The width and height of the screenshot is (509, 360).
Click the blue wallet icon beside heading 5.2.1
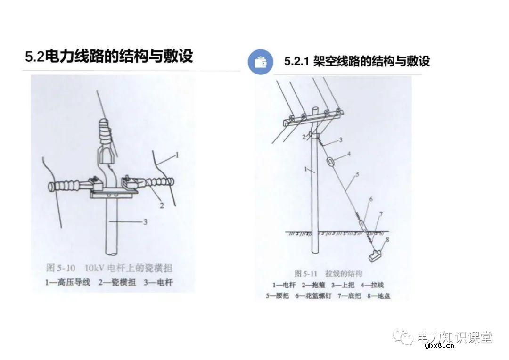coord(261,62)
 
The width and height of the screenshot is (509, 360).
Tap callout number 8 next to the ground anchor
coord(388,239)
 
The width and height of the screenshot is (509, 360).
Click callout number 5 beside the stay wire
coord(357,174)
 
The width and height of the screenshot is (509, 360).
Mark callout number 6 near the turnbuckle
coord(370,199)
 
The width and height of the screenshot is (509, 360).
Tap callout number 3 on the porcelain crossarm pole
coord(145,221)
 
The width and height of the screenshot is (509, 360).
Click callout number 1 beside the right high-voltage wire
coord(177,154)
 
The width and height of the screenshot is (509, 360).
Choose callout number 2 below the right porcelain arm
coord(161,205)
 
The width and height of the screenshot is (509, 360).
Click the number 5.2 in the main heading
coord(34,57)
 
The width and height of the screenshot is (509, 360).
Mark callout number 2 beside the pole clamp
coord(304,137)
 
